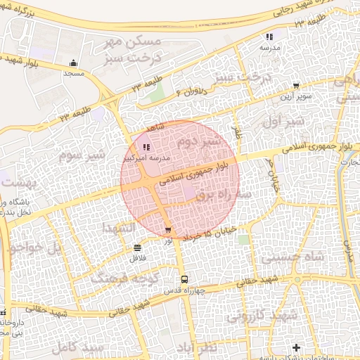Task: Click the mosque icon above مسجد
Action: pos(74,63)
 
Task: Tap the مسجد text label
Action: pos(74,73)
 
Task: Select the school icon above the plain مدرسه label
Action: pos(269,37)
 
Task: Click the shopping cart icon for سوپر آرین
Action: pos(296,86)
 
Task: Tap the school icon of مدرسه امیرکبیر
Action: pos(146,148)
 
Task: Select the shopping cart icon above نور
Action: pos(167,230)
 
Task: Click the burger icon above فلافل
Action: pos(136,247)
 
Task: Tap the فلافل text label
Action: pos(136,257)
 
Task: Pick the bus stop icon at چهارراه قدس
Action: pos(184,279)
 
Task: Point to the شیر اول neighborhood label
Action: pos(263,121)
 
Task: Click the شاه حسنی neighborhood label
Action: pos(294,257)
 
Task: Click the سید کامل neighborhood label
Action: pos(82,347)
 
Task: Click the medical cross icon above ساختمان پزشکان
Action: pos(296,347)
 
